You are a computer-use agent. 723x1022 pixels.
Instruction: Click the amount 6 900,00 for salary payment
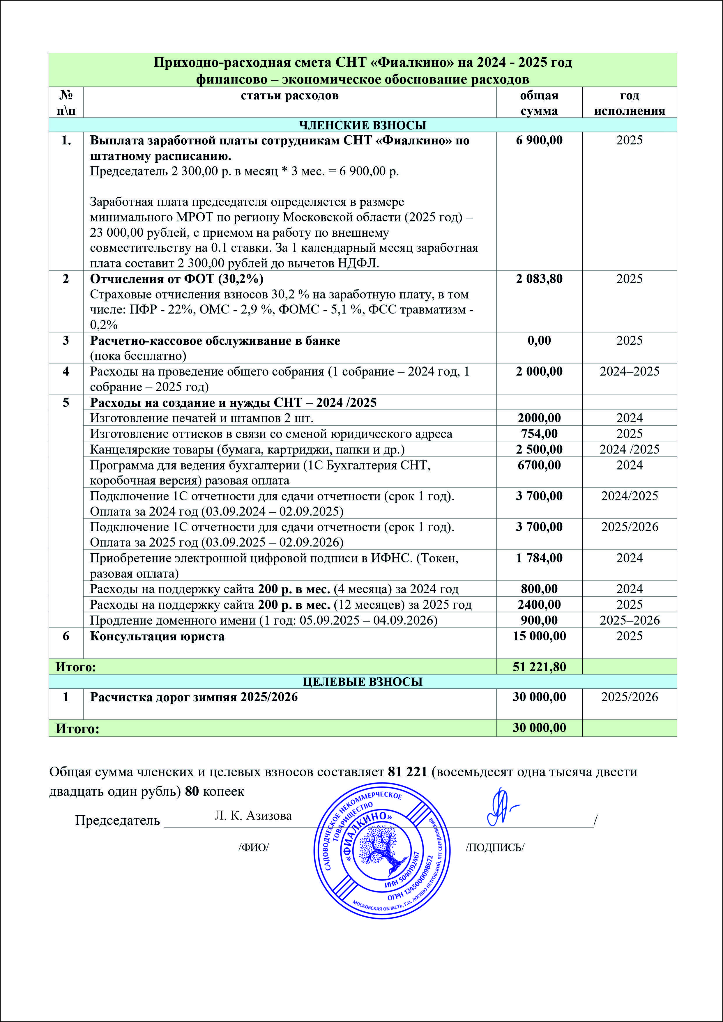(539, 141)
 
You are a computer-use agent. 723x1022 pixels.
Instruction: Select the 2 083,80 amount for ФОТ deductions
(539, 279)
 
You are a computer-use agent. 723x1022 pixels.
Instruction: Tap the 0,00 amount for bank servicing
(539, 341)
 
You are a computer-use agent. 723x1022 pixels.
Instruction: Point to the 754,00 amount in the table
(539, 433)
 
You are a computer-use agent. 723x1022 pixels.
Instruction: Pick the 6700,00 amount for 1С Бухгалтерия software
(539, 465)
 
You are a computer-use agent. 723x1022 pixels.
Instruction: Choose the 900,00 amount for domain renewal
(539, 620)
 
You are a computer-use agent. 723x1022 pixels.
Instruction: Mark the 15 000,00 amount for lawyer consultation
(539, 636)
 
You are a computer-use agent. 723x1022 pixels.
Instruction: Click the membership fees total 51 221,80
(539, 667)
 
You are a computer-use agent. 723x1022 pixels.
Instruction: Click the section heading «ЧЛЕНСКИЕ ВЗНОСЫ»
(363, 125)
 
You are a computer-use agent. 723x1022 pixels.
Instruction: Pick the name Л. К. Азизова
(253, 815)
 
